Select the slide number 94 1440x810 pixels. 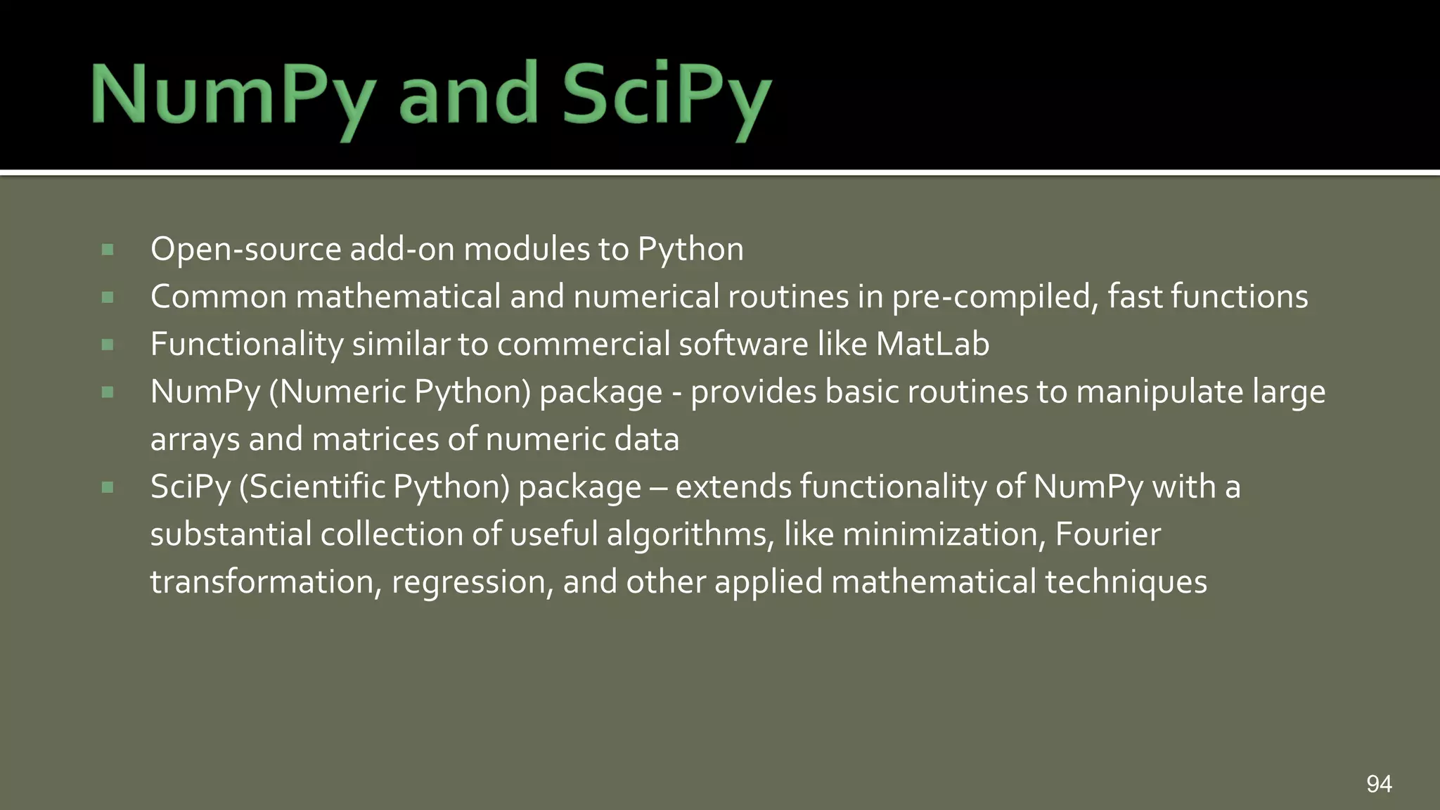click(1379, 783)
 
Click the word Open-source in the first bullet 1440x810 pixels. click(245, 249)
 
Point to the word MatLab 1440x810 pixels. click(932, 344)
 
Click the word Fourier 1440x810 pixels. click(1107, 534)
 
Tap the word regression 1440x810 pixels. click(468, 582)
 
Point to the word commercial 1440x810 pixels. click(583, 344)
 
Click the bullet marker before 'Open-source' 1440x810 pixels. click(108, 250)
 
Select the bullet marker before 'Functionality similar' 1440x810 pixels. click(108, 345)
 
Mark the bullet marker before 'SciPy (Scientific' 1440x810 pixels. click(108, 487)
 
